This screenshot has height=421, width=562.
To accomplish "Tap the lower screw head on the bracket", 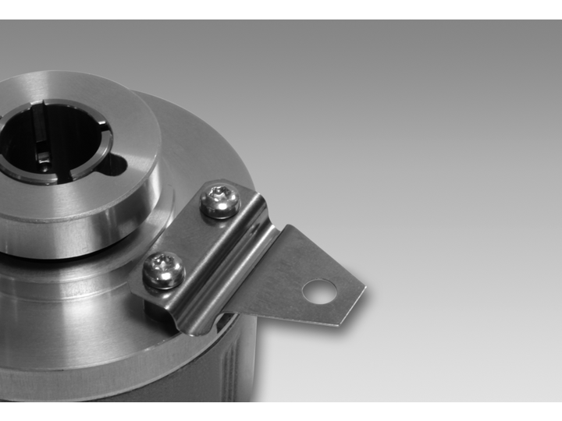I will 164,270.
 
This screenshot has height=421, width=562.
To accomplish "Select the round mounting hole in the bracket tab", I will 319,292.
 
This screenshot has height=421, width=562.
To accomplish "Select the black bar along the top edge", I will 281,9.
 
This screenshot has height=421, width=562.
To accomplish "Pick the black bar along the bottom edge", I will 281,412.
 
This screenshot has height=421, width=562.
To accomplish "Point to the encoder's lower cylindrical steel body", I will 78,359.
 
